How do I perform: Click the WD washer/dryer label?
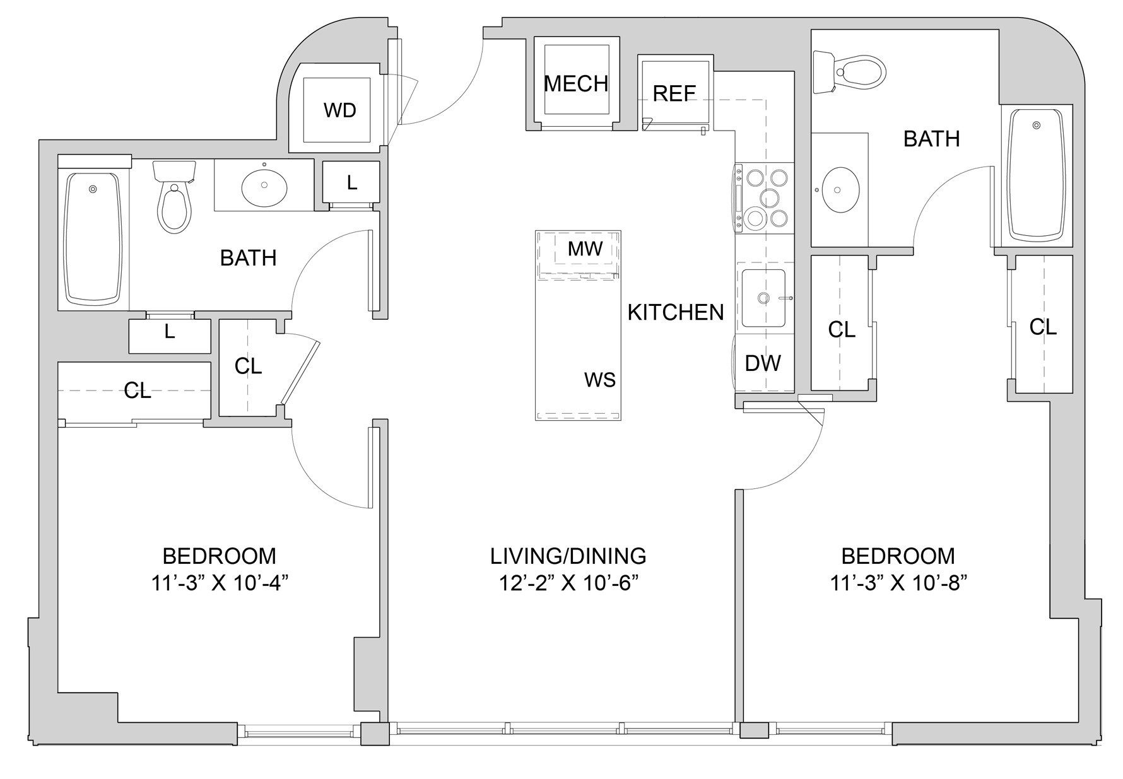pyautogui.click(x=340, y=110)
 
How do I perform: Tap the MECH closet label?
pyautogui.click(x=576, y=84)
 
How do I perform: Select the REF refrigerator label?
pyautogui.click(x=674, y=94)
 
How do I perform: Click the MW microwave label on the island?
pyautogui.click(x=585, y=249)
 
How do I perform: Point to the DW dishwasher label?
pyautogui.click(x=763, y=363)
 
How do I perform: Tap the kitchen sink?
pyautogui.click(x=764, y=298)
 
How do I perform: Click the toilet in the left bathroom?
pyautogui.click(x=175, y=196)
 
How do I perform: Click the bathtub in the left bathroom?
pyautogui.click(x=93, y=238)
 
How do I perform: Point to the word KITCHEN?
pyautogui.click(x=676, y=312)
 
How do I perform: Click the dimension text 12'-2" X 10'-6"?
pyautogui.click(x=568, y=583)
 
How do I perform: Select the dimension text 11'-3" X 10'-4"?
pyautogui.click(x=220, y=583)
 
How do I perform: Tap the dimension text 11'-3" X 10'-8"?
pyautogui.click(x=898, y=583)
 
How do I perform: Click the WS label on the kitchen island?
pyautogui.click(x=600, y=380)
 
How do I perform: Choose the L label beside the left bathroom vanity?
pyautogui.click(x=352, y=182)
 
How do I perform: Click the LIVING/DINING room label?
pyautogui.click(x=568, y=556)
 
